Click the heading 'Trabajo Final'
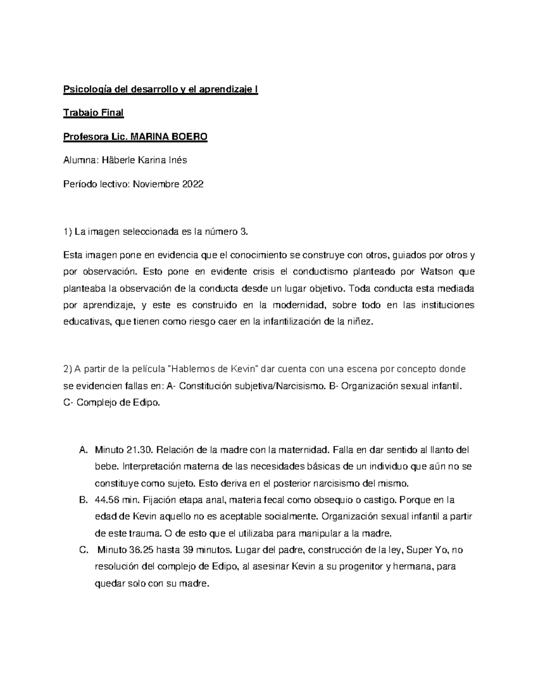pyautogui.click(x=93, y=113)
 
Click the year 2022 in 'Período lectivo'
pyautogui.click(x=192, y=184)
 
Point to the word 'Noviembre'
pyautogui.click(x=155, y=184)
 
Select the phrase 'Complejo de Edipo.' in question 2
pyautogui.click(x=118, y=402)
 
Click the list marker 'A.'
pyautogui.click(x=83, y=450)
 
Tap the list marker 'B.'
pyautogui.click(x=83, y=500)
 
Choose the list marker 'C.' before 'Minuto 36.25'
pyautogui.click(x=83, y=550)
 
